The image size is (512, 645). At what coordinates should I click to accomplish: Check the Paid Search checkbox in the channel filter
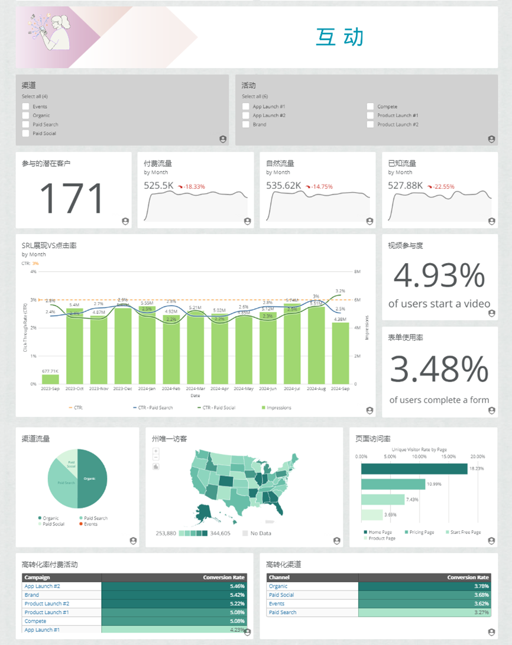coord(25,125)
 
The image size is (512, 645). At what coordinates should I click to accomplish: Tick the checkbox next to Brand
coord(245,125)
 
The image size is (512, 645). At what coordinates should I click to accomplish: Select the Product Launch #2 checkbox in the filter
coord(370,125)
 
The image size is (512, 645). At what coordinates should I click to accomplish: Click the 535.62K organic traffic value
coord(284,186)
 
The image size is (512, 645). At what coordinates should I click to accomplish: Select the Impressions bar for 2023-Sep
coord(50,379)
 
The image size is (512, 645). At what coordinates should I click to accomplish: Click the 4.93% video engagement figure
coord(439,275)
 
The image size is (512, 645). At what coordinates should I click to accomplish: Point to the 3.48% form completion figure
coord(439,370)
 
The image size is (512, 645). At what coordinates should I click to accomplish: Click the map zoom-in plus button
coord(155,451)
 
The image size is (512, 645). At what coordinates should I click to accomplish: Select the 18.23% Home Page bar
coord(414,469)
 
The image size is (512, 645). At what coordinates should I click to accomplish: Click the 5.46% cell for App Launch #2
coord(174,586)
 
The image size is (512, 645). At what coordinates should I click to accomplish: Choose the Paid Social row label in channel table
coord(281,595)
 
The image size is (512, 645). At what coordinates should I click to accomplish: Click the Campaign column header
coord(37,578)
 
